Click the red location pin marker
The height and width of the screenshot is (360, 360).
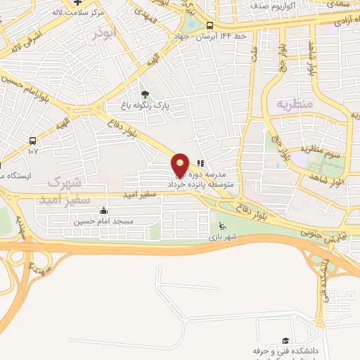pos(180,165)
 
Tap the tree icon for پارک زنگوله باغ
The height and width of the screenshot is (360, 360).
pos(145,94)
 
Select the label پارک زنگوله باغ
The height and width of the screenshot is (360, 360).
pos(146,107)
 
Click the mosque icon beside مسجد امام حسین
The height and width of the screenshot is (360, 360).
pos(104,210)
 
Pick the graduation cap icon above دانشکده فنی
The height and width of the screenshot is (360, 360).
pos(285,340)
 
